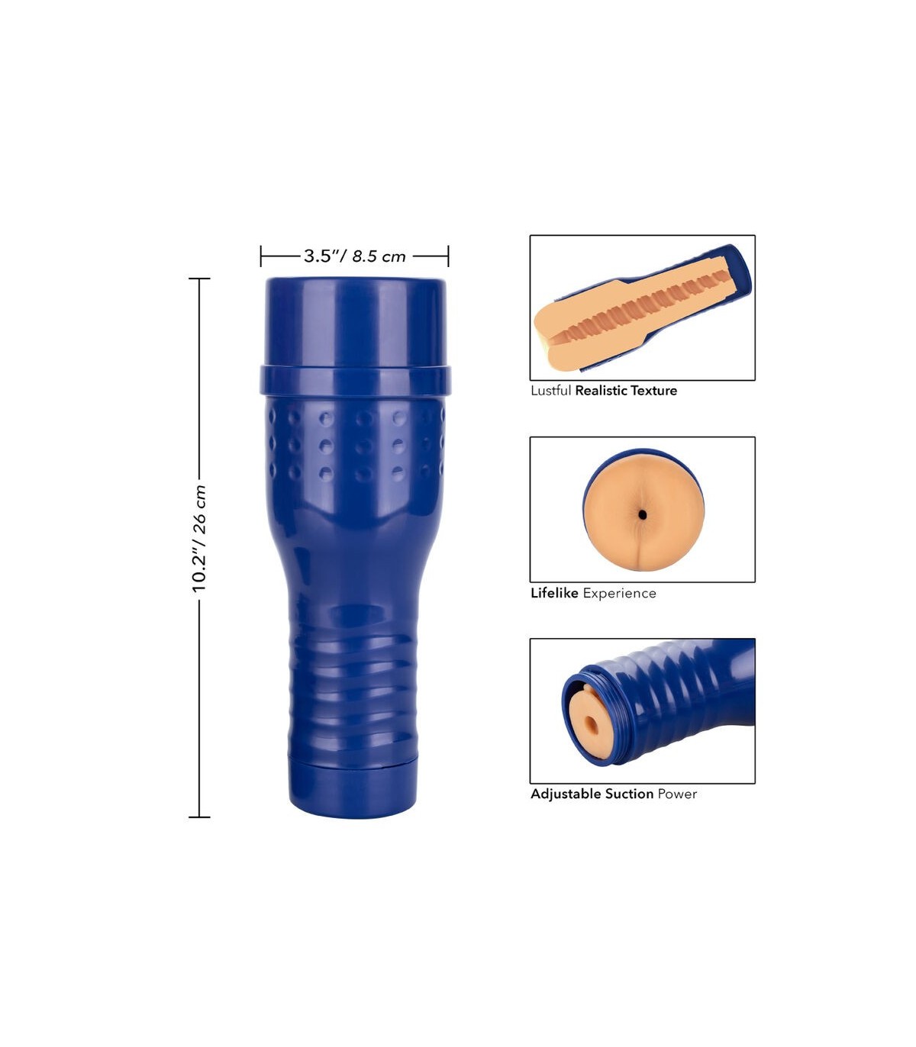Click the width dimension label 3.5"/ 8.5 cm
[355, 256]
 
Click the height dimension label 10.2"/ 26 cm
[198, 539]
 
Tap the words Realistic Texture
[626, 391]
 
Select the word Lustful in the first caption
[550, 391]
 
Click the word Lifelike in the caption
[554, 593]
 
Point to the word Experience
[619, 593]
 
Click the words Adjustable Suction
[592, 794]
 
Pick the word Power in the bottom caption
[677, 794]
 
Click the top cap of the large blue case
[355, 321]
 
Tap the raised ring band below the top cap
[355, 381]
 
